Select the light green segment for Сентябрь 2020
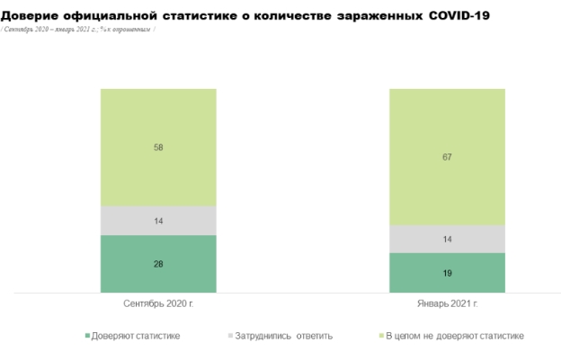tap(158, 147)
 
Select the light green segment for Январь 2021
tap(447, 156)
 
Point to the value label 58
tap(158, 147)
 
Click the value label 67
tap(447, 157)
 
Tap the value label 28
tap(158, 263)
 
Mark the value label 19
tap(447, 272)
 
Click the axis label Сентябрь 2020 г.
tap(158, 304)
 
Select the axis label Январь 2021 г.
tap(447, 304)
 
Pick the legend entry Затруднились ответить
tap(283, 336)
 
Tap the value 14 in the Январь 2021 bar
tap(447, 239)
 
